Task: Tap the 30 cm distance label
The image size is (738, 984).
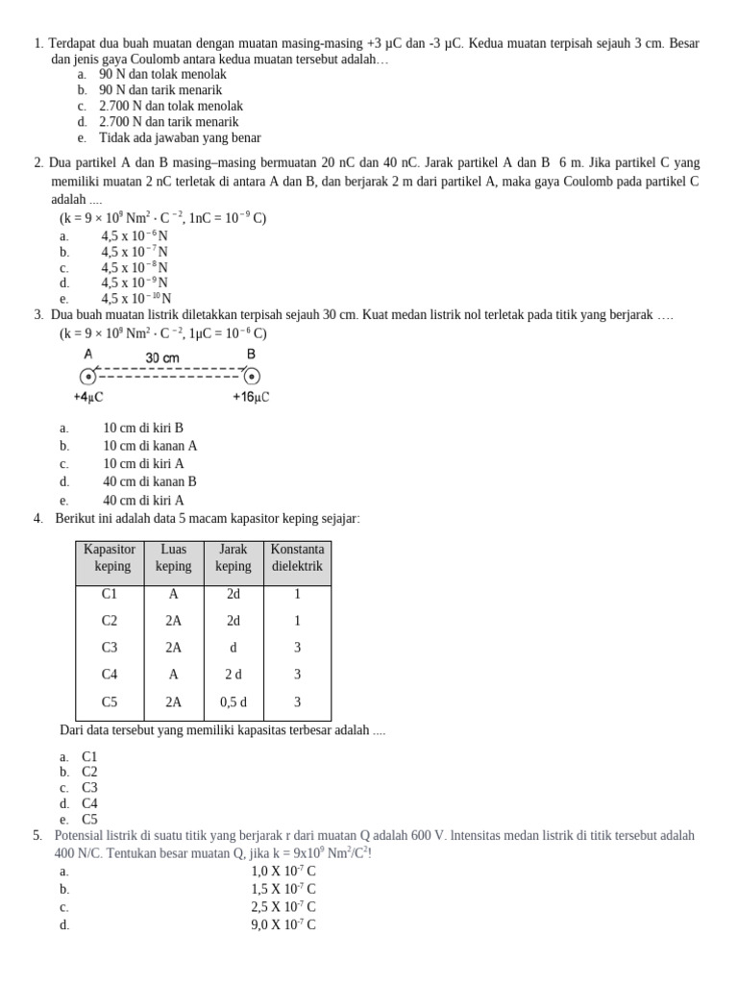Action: (x=162, y=357)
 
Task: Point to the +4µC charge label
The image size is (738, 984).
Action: (x=88, y=397)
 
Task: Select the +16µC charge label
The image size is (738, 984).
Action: (x=251, y=397)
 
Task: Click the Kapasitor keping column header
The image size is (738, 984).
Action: (x=111, y=558)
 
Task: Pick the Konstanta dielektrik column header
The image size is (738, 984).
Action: (x=297, y=558)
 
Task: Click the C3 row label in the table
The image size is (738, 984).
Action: (x=110, y=648)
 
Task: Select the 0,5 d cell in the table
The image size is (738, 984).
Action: (x=234, y=702)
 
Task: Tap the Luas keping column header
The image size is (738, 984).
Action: (x=174, y=558)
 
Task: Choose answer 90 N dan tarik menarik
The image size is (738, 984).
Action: (x=160, y=89)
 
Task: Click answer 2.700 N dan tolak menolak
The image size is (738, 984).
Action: (x=171, y=106)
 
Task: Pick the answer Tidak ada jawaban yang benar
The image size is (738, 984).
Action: (x=180, y=137)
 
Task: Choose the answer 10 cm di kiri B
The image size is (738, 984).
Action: (x=143, y=428)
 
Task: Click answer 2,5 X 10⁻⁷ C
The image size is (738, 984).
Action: (x=283, y=907)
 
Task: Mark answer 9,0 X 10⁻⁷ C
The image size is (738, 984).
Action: (x=283, y=925)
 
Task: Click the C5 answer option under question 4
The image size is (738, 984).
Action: (x=89, y=820)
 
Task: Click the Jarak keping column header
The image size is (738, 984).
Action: (x=234, y=558)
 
